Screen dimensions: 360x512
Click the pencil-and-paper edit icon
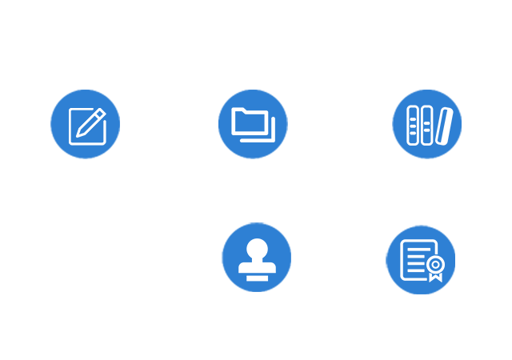(x=86, y=125)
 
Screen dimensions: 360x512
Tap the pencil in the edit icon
(x=94, y=121)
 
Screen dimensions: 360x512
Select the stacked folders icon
(x=253, y=123)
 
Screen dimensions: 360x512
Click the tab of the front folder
(x=240, y=112)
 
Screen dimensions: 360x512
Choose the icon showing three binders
(x=427, y=125)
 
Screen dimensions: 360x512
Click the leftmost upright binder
(x=413, y=125)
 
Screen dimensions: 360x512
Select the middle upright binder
(x=426, y=125)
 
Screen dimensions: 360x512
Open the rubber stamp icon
(x=257, y=258)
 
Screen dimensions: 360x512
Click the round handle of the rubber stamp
(x=257, y=247)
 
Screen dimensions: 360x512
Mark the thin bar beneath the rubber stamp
(x=257, y=278)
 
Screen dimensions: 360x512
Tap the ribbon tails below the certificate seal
(x=434, y=277)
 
